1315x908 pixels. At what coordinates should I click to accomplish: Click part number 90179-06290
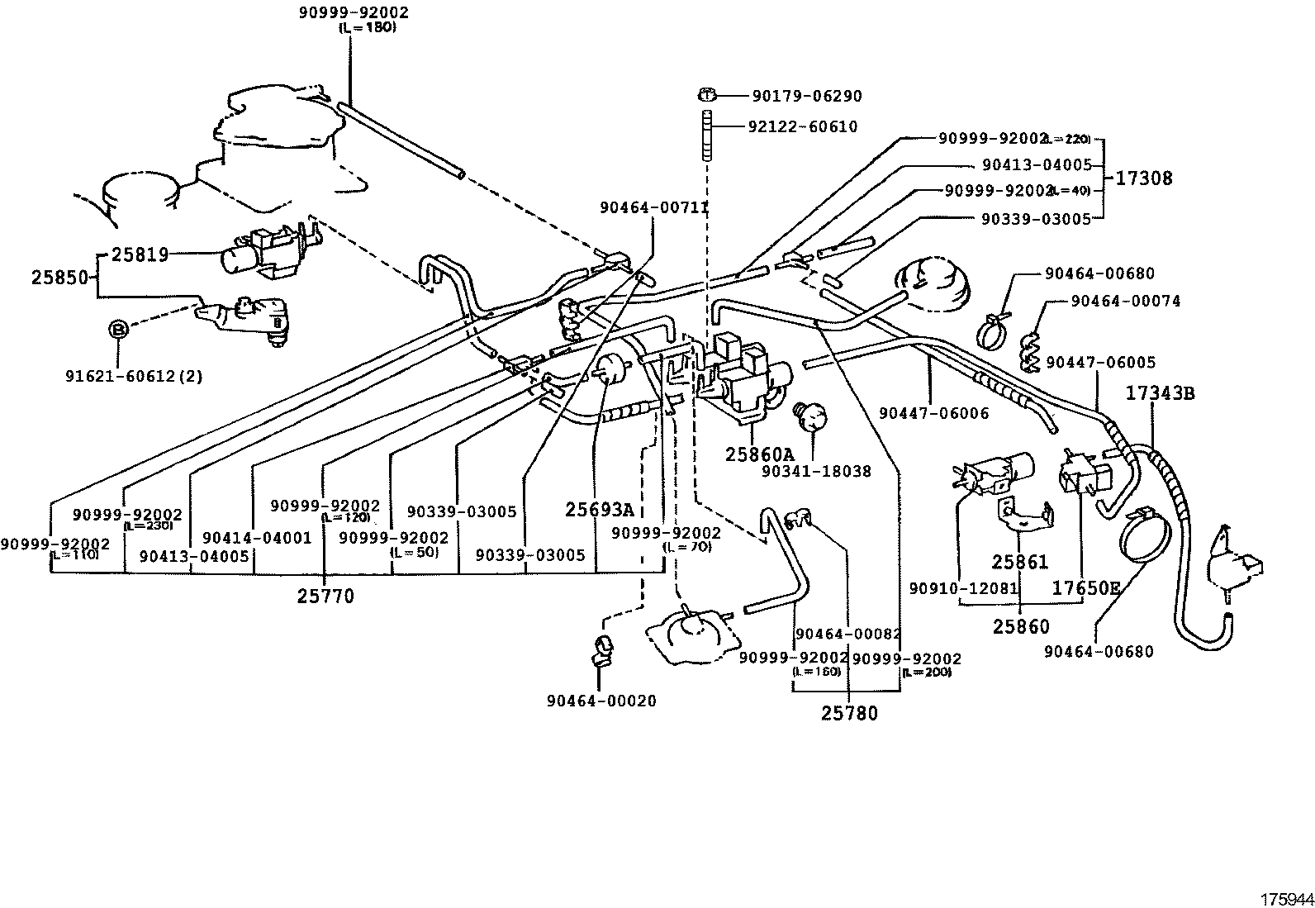(x=806, y=97)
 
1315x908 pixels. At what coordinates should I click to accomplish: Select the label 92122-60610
(x=802, y=126)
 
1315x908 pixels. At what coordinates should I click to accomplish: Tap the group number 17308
(x=1144, y=178)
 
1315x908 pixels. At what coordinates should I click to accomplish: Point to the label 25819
(x=140, y=254)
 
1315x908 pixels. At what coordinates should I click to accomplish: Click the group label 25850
(x=59, y=278)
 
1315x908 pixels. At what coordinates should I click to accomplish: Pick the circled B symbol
(x=118, y=330)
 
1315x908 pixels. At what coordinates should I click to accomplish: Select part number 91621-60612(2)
(x=134, y=377)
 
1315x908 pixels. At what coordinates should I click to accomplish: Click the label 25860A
(x=759, y=454)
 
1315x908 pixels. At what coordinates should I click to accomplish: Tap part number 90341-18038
(x=816, y=471)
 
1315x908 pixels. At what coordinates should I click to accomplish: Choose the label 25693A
(x=600, y=510)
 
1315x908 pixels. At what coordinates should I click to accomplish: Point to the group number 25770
(x=325, y=596)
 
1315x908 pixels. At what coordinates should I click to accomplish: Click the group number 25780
(x=849, y=712)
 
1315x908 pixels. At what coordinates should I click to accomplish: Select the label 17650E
(x=1085, y=588)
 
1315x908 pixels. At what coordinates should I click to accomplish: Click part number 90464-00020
(x=601, y=701)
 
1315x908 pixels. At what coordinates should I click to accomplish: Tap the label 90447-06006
(x=933, y=413)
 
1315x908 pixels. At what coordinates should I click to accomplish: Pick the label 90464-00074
(x=1125, y=302)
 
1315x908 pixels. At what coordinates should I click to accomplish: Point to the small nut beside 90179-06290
(x=709, y=94)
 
